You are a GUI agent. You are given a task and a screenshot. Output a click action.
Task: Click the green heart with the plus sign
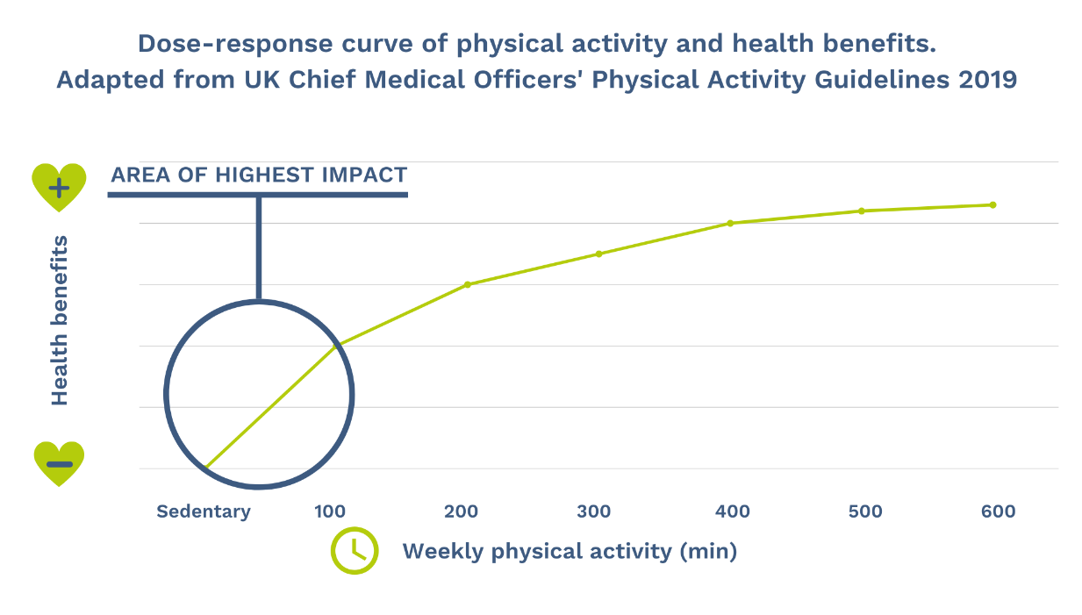point(59,186)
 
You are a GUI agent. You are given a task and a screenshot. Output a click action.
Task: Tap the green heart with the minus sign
point(59,463)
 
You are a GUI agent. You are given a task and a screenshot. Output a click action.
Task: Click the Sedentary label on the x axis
point(204,511)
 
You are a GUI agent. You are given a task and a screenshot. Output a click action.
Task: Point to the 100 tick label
point(330,511)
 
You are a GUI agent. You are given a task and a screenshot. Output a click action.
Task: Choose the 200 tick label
point(461,511)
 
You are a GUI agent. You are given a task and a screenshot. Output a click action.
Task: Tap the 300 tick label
point(594,511)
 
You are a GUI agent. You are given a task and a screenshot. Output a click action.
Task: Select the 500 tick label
point(865,511)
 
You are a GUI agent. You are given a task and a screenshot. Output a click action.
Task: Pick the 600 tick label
point(998,511)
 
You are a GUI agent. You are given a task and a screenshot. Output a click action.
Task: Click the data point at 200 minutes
point(467,284)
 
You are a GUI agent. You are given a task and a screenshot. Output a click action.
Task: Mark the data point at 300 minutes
point(598,254)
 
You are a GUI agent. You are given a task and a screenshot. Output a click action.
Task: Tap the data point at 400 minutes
point(730,223)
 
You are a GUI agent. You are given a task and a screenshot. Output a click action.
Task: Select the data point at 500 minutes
point(862,211)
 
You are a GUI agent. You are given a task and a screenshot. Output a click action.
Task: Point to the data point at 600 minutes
point(992,204)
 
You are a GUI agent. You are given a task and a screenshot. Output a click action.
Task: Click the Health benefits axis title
point(60,320)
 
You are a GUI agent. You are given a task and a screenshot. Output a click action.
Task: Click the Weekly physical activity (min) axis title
point(570,552)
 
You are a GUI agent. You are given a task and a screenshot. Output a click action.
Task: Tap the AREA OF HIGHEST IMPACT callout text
point(259,175)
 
